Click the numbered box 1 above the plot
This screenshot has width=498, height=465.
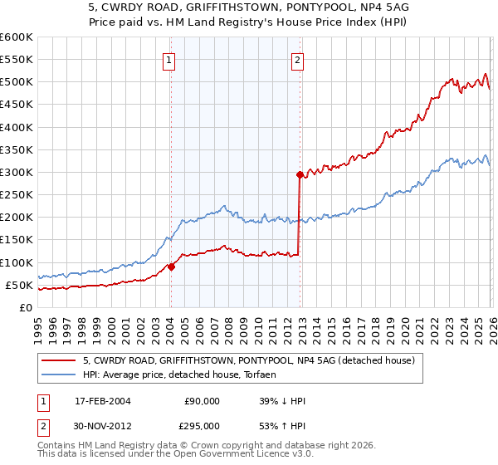[x=169, y=59]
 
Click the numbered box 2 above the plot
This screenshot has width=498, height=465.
[x=297, y=59]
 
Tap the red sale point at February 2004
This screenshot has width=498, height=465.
[x=171, y=267]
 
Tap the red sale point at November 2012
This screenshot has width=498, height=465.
[x=300, y=174]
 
